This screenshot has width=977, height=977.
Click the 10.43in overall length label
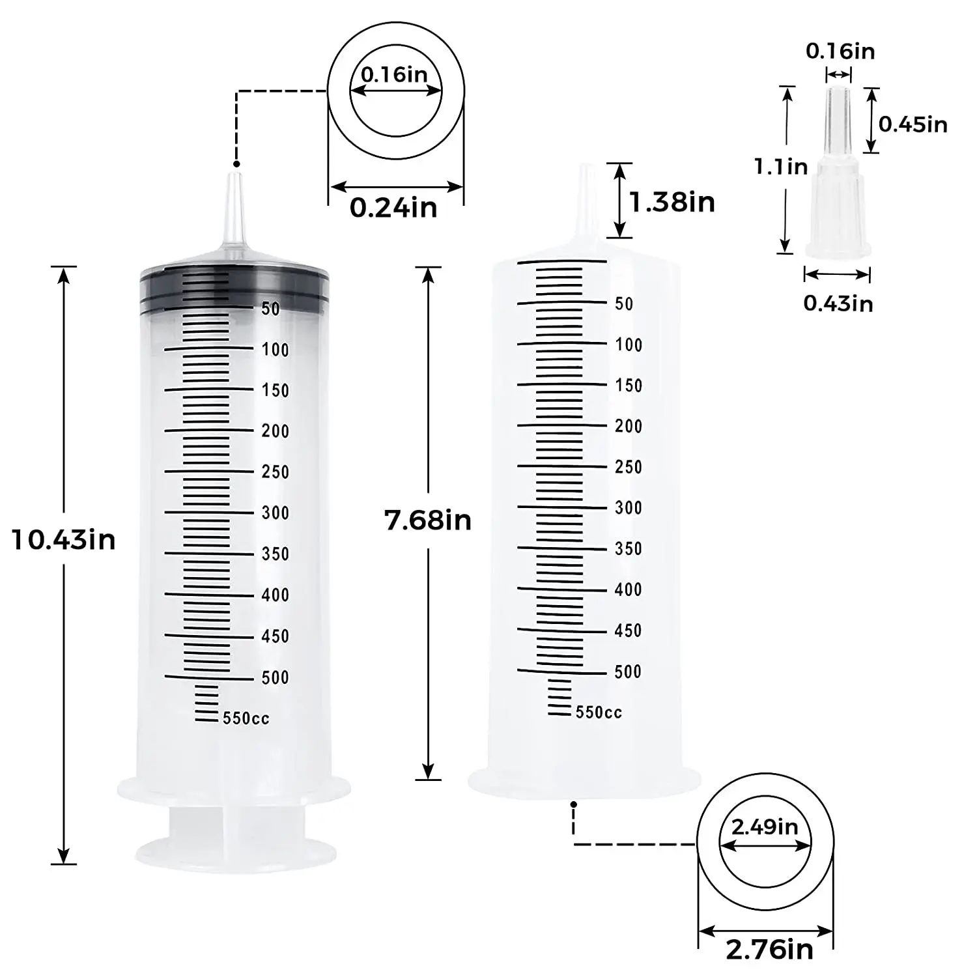(63, 540)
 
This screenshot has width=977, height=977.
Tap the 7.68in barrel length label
(427, 520)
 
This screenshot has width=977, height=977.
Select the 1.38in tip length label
(672, 202)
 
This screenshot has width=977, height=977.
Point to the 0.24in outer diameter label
(393, 208)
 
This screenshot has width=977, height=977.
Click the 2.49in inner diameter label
(765, 827)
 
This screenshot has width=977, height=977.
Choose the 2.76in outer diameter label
(769, 950)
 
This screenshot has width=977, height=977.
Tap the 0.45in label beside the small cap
(913, 124)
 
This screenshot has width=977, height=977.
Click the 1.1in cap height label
(781, 167)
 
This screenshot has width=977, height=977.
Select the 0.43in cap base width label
(838, 303)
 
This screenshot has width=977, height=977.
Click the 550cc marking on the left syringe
(246, 718)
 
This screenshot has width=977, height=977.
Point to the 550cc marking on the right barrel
(599, 713)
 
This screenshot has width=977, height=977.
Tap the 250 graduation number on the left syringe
(275, 472)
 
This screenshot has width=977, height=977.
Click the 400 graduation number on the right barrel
(628, 589)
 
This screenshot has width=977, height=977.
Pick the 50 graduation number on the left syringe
(270, 309)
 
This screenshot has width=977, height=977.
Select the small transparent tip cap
(838, 195)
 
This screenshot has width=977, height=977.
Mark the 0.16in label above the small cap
(840, 51)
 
